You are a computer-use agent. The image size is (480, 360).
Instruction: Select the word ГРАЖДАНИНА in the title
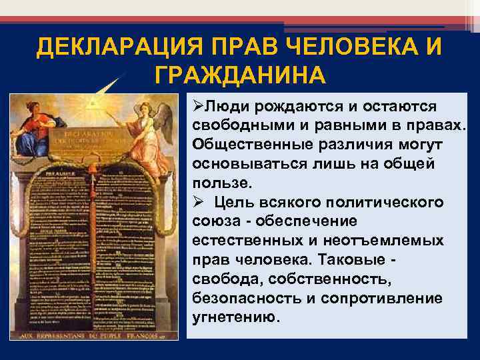coord(240,74)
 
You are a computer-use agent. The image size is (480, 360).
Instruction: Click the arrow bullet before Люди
coord(196,107)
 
